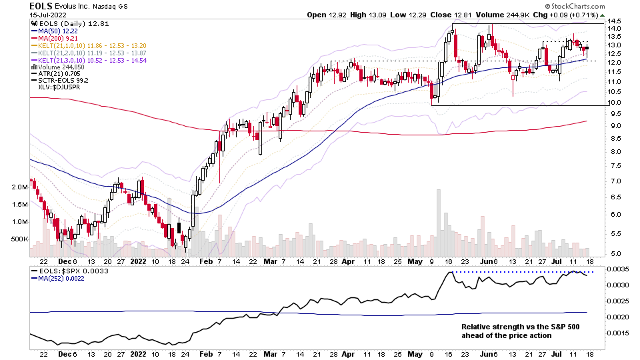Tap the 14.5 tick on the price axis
615,21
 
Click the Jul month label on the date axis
558,263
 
